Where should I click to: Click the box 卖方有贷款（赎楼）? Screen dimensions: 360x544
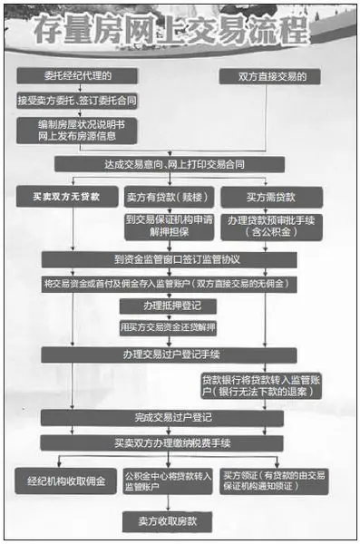(x=166, y=195)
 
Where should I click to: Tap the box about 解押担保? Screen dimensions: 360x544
(x=166, y=224)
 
